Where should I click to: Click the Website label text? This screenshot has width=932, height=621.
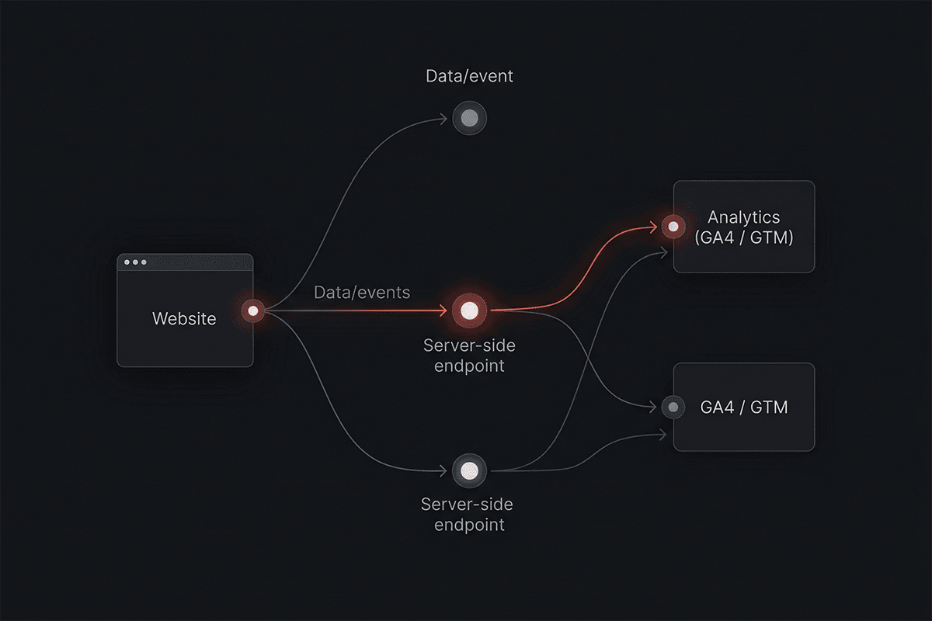pyautogui.click(x=184, y=318)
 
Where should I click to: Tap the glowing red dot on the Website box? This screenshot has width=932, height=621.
pyautogui.click(x=253, y=310)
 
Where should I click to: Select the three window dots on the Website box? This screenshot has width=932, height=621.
pyautogui.click(x=135, y=262)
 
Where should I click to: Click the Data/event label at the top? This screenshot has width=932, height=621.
pyautogui.click(x=469, y=76)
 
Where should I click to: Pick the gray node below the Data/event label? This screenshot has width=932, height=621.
pyautogui.click(x=469, y=118)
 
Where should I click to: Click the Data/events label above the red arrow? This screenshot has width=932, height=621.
pyautogui.click(x=362, y=293)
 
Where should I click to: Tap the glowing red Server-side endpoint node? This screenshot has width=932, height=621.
pyautogui.click(x=469, y=310)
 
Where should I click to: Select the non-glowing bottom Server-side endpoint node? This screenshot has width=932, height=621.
pyautogui.click(x=469, y=471)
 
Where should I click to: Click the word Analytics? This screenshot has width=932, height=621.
pyautogui.click(x=744, y=217)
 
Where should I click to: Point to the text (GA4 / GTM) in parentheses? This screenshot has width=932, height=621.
pyautogui.click(x=744, y=238)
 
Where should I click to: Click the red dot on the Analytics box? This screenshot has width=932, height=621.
pyautogui.click(x=673, y=227)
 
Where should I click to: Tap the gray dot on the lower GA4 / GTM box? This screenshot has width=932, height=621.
pyautogui.click(x=673, y=407)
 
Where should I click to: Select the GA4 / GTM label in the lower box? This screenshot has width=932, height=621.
pyautogui.click(x=744, y=408)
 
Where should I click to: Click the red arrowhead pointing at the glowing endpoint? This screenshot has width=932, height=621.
pyautogui.click(x=444, y=310)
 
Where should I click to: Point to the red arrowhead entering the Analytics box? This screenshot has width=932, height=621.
pyautogui.click(x=654, y=227)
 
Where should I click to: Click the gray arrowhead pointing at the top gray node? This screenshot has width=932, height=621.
pyautogui.click(x=443, y=119)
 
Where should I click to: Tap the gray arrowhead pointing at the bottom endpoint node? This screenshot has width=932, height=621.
pyautogui.click(x=443, y=471)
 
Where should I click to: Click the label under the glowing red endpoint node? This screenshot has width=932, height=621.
pyautogui.click(x=469, y=356)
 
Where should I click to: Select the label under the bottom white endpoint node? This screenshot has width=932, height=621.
pyautogui.click(x=468, y=515)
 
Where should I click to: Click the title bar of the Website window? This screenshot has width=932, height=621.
pyautogui.click(x=185, y=262)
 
